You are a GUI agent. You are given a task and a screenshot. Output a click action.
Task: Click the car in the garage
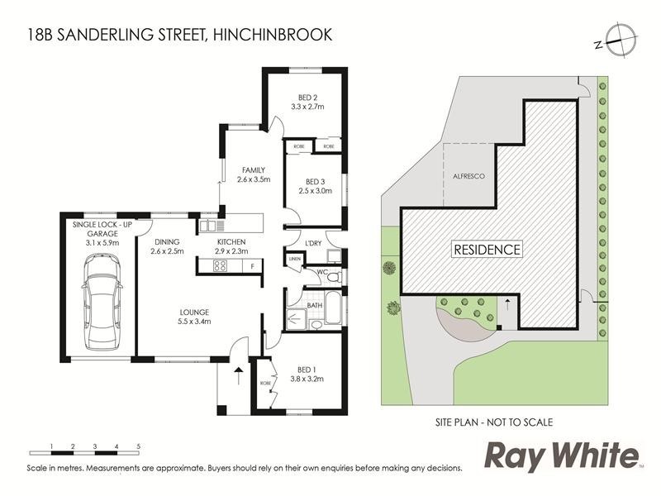click(x=102, y=303)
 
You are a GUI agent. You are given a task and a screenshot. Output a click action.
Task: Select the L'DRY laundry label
click(x=314, y=242)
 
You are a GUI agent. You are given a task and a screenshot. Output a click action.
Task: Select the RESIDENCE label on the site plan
click(x=487, y=249)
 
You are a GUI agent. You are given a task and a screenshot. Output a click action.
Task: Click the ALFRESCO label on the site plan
click(x=468, y=176)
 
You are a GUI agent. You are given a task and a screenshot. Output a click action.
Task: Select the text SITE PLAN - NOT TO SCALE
click(x=494, y=422)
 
